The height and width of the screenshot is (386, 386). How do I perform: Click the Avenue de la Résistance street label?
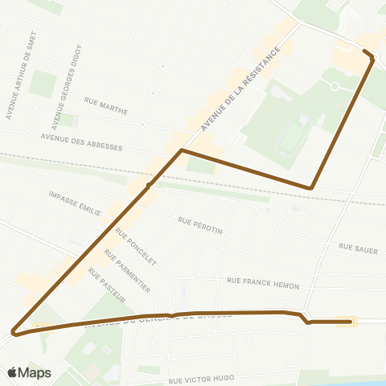[239, 86]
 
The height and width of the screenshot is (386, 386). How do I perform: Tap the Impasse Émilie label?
[75, 203]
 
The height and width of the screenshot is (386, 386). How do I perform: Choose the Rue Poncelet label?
[135, 246]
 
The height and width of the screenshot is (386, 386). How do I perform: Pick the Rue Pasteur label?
[106, 287]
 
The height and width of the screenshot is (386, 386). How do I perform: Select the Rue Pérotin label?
[200, 224]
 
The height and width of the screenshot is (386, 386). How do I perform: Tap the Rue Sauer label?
[358, 248]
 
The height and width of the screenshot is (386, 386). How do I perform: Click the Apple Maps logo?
[29, 372]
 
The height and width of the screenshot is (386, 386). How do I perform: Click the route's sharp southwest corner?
[14, 331]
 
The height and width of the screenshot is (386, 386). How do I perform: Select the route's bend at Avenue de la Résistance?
[182, 150]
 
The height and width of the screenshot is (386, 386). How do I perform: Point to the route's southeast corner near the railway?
[311, 188]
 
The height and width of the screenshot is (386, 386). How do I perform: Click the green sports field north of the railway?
[289, 138]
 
